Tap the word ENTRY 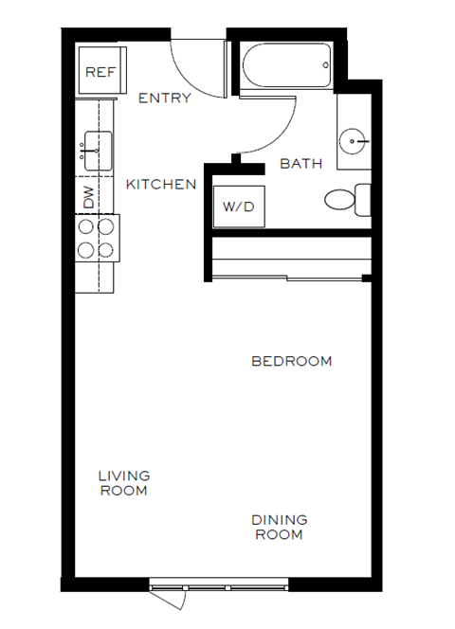(164, 98)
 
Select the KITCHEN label (161, 184)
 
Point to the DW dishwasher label (89, 197)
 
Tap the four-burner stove (96, 238)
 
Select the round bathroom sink (357, 143)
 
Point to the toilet (347, 200)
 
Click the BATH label (300, 163)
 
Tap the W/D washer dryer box (238, 206)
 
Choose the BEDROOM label (291, 361)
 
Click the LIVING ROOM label (123, 483)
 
